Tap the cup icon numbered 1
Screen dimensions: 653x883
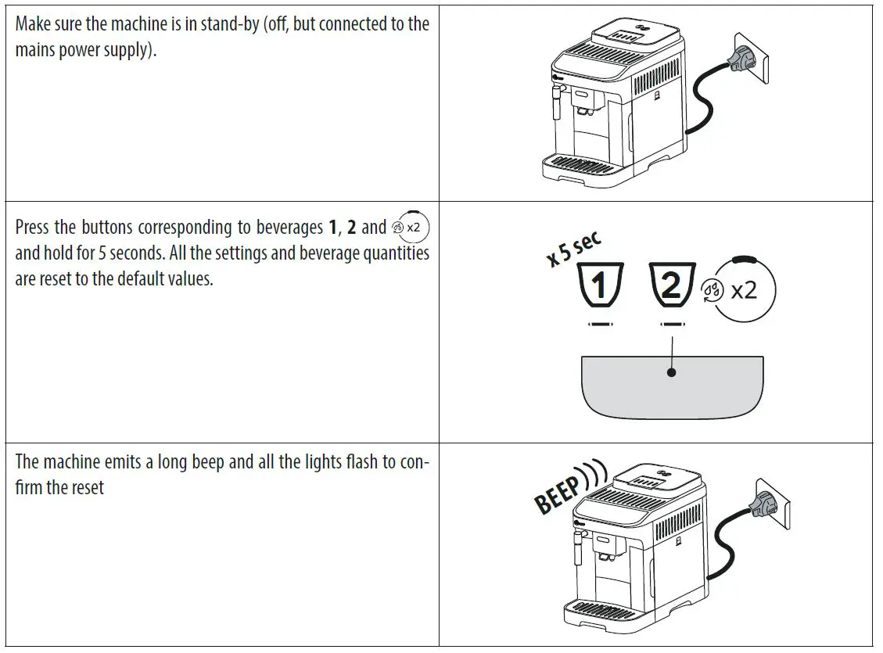pyautogui.click(x=600, y=285)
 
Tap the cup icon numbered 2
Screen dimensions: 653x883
pyautogui.click(x=672, y=285)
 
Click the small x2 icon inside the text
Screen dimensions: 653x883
pyautogui.click(x=411, y=228)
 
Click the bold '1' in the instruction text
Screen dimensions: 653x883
pyautogui.click(x=332, y=228)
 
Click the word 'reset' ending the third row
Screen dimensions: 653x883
pyautogui.click(x=87, y=488)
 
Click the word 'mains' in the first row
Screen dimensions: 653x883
pyautogui.click(x=36, y=51)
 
